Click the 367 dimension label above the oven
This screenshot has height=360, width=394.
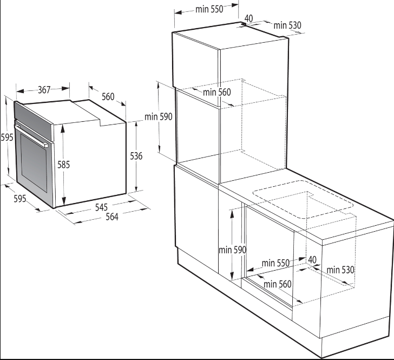(44, 90)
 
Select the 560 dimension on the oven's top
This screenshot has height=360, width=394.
(108, 97)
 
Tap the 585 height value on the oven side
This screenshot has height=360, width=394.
(63, 165)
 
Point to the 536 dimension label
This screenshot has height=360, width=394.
(136, 156)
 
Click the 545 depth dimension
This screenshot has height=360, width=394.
(101, 207)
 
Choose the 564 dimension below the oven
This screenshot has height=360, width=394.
(112, 217)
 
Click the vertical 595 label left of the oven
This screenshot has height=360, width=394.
(7, 138)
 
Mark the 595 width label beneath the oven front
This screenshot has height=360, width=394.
(20, 199)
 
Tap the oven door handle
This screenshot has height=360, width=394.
(31, 135)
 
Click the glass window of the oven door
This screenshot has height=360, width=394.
(34, 162)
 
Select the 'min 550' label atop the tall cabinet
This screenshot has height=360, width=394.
(209, 9)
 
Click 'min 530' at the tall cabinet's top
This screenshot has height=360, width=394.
(287, 25)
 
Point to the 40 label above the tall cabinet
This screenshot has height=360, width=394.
(249, 18)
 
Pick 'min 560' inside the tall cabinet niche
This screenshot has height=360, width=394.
(217, 92)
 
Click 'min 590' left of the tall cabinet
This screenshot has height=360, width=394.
(158, 116)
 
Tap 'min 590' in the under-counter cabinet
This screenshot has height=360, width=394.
(232, 250)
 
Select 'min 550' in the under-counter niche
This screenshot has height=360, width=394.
(275, 263)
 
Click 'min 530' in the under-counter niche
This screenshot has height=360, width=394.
(340, 270)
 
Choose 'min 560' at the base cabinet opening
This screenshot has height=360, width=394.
(278, 284)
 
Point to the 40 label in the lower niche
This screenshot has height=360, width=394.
(312, 259)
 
